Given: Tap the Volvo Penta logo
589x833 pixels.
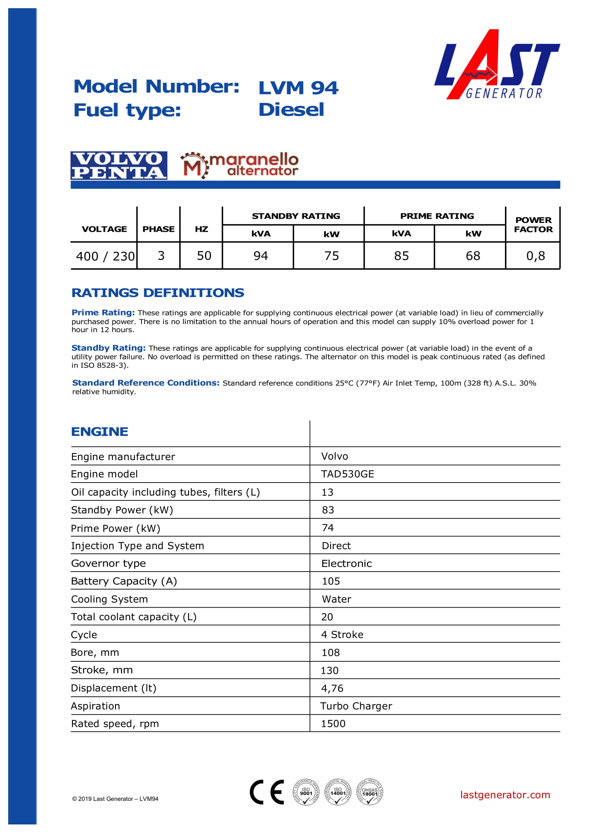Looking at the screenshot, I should tap(119, 166).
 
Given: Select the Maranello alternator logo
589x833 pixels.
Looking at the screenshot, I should tap(239, 166).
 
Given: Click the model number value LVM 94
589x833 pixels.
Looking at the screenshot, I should tap(298, 88).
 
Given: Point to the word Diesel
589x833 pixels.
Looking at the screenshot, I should tap(291, 110).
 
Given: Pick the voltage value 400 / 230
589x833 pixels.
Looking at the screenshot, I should tap(105, 256).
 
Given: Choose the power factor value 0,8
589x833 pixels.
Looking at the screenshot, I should tap(535, 256).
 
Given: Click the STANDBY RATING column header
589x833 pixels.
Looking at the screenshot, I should tap(296, 216).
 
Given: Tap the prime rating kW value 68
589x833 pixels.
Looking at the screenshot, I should tap(473, 256).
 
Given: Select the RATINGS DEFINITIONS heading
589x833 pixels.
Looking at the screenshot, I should tap(158, 293).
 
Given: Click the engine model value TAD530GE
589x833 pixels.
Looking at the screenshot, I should tap(347, 474).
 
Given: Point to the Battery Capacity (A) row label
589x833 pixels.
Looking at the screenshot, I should tap(124, 581).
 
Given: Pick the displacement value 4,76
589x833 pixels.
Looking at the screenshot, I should tap(332, 688).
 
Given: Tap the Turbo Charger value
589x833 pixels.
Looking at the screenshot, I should tap(356, 706).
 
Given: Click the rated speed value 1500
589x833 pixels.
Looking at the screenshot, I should tap(333, 724).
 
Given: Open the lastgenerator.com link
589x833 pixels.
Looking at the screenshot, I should tap(505, 795).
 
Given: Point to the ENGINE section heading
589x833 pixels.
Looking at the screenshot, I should tap(100, 431).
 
